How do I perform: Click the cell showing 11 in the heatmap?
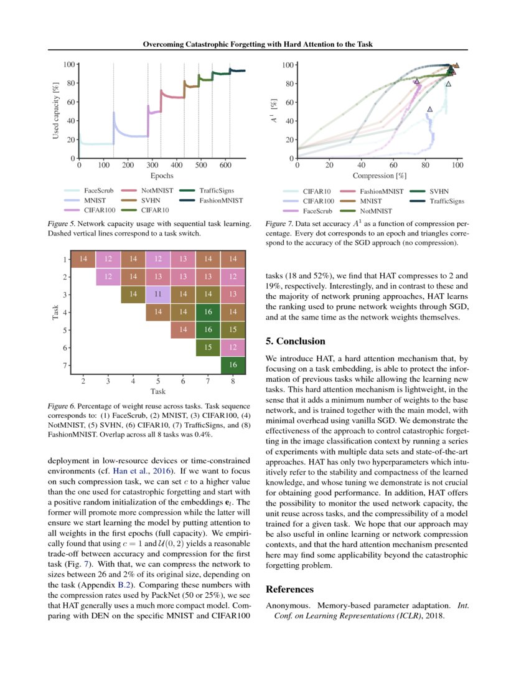click(x=157, y=293)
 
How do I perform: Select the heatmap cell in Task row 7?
click(x=233, y=364)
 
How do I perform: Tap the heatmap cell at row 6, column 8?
click(x=233, y=347)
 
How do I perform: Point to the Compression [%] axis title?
click(x=378, y=176)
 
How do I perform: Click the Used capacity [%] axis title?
click(x=56, y=111)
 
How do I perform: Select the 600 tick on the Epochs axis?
click(x=225, y=165)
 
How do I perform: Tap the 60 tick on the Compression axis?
click(x=394, y=165)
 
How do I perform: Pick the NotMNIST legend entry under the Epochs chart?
click(x=157, y=191)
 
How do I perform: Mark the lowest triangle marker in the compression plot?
click(x=429, y=109)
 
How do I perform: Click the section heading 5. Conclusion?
click(x=296, y=341)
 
